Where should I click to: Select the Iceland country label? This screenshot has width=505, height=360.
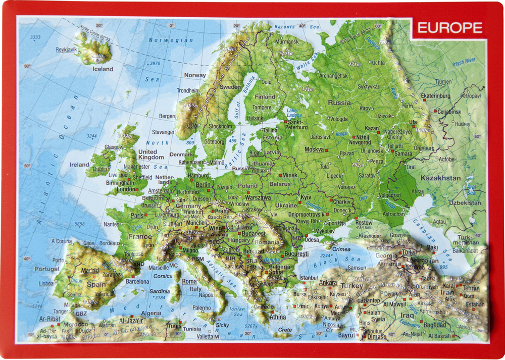coord(103,69)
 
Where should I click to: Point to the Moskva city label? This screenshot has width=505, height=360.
coord(314,150)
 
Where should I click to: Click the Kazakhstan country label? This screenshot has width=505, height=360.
coord(440,178)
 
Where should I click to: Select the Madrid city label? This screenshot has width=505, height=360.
coord(90,271)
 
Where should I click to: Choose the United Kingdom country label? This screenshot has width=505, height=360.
coord(151,155)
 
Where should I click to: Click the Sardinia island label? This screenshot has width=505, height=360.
coord(160,291)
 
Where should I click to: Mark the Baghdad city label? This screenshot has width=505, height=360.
coord(435,325)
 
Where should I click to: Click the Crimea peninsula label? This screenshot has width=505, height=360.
coord(341,249)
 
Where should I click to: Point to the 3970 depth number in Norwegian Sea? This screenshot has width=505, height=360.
coord(154,63)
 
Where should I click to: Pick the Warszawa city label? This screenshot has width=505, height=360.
coord(258,197)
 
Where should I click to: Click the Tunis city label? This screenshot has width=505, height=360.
coord(174,325)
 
